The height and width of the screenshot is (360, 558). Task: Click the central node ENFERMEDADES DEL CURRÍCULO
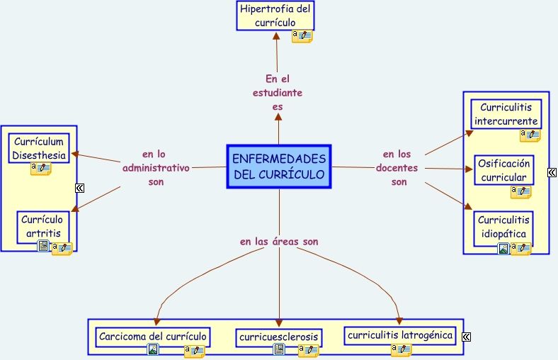279,167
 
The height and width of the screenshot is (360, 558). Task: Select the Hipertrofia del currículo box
275,16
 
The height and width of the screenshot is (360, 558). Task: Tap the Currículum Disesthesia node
40,149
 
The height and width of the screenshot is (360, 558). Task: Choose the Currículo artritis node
44,226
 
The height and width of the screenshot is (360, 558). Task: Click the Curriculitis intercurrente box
506,114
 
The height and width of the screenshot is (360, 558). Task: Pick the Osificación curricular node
503,170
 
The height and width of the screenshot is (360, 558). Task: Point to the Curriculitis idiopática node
503,227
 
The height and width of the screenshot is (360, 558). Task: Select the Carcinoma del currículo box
153,336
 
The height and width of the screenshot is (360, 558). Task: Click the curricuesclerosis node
278,337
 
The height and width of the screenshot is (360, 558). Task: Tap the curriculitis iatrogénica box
401,335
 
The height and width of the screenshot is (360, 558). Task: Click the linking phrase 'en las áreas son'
278,242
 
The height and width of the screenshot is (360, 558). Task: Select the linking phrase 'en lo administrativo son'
156,168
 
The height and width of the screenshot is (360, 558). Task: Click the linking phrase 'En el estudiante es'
278,93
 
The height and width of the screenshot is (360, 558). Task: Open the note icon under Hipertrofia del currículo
302,35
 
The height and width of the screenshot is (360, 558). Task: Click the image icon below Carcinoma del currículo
153,349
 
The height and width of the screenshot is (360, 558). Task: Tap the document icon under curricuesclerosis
279,349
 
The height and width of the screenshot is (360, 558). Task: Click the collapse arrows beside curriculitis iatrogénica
466,337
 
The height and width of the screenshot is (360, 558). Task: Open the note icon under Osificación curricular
521,191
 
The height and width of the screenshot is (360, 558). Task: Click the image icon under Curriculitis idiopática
503,248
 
